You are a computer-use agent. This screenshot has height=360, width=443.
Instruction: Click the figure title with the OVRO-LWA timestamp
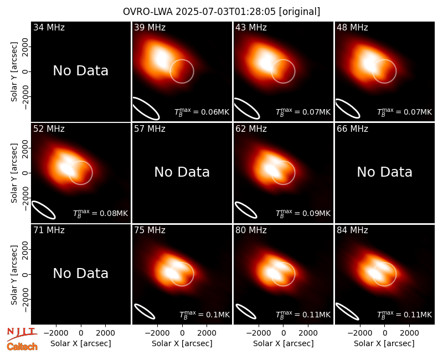coord(221,12)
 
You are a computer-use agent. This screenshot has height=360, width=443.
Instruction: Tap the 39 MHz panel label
coord(150,27)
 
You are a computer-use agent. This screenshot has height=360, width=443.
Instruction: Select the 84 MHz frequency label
coord(352,230)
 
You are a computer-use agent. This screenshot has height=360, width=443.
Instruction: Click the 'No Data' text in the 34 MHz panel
coord(80,71)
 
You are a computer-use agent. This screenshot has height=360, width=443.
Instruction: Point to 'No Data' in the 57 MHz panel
coord(182,172)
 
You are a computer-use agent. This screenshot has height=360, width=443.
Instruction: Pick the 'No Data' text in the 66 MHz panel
coord(384,172)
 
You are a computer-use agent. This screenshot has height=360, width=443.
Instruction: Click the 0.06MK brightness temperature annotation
coord(202,112)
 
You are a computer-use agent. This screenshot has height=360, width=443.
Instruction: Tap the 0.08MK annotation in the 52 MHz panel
coord(101,213)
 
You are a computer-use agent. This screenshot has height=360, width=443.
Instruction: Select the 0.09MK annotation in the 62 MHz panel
coord(303,213)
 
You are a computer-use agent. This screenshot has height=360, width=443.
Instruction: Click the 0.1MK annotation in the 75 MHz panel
coord(204,314)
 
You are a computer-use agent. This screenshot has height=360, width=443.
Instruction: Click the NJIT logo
coord(22,334)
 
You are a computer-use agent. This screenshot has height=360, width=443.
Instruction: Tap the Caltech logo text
coord(22,347)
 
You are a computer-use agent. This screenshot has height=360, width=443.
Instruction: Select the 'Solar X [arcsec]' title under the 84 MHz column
coord(384,343)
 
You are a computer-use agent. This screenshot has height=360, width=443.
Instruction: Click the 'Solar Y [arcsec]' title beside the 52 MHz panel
coord(14,173)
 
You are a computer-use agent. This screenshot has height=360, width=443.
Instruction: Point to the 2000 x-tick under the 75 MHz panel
coord(207,333)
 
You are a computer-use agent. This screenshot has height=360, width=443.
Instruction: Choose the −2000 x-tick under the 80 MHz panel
coord(256,333)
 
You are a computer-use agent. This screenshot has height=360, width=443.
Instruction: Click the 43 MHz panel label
coord(251,27)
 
